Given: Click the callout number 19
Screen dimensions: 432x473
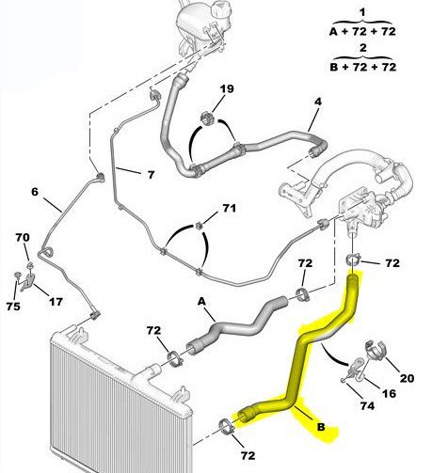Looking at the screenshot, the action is pos(227,88).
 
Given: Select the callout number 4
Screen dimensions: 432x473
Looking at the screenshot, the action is pos(318,102).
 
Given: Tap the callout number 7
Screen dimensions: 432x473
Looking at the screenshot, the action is pos(152,175).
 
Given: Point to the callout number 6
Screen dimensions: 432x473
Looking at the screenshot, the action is pos(35,192).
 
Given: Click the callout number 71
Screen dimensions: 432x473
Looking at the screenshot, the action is pos(229,208).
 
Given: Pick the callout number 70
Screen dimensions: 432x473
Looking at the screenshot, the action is pos(23,237).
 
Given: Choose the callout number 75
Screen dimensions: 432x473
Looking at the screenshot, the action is pos(13,307).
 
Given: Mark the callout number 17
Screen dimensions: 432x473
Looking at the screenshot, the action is pos(56,302).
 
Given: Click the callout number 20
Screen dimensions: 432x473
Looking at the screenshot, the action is pos(407,378).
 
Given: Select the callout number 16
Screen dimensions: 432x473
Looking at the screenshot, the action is pos(389,393).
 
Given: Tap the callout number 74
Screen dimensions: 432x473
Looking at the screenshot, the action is pos(367,406).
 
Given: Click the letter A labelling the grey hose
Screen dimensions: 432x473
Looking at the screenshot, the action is pos(201,302).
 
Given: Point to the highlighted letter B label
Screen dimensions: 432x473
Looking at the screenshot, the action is pos(321,427).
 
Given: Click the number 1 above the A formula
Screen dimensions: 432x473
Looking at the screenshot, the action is pos(362,13).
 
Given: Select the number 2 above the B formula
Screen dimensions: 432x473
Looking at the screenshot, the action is pos(363,48).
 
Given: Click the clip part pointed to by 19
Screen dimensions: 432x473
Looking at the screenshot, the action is pos(207,118).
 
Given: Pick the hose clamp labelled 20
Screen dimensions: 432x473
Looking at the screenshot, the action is pos(376,350).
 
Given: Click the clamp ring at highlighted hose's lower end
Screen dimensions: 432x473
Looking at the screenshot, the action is pos(227,427).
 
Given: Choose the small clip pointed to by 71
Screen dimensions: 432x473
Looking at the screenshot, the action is pos(199,225).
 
